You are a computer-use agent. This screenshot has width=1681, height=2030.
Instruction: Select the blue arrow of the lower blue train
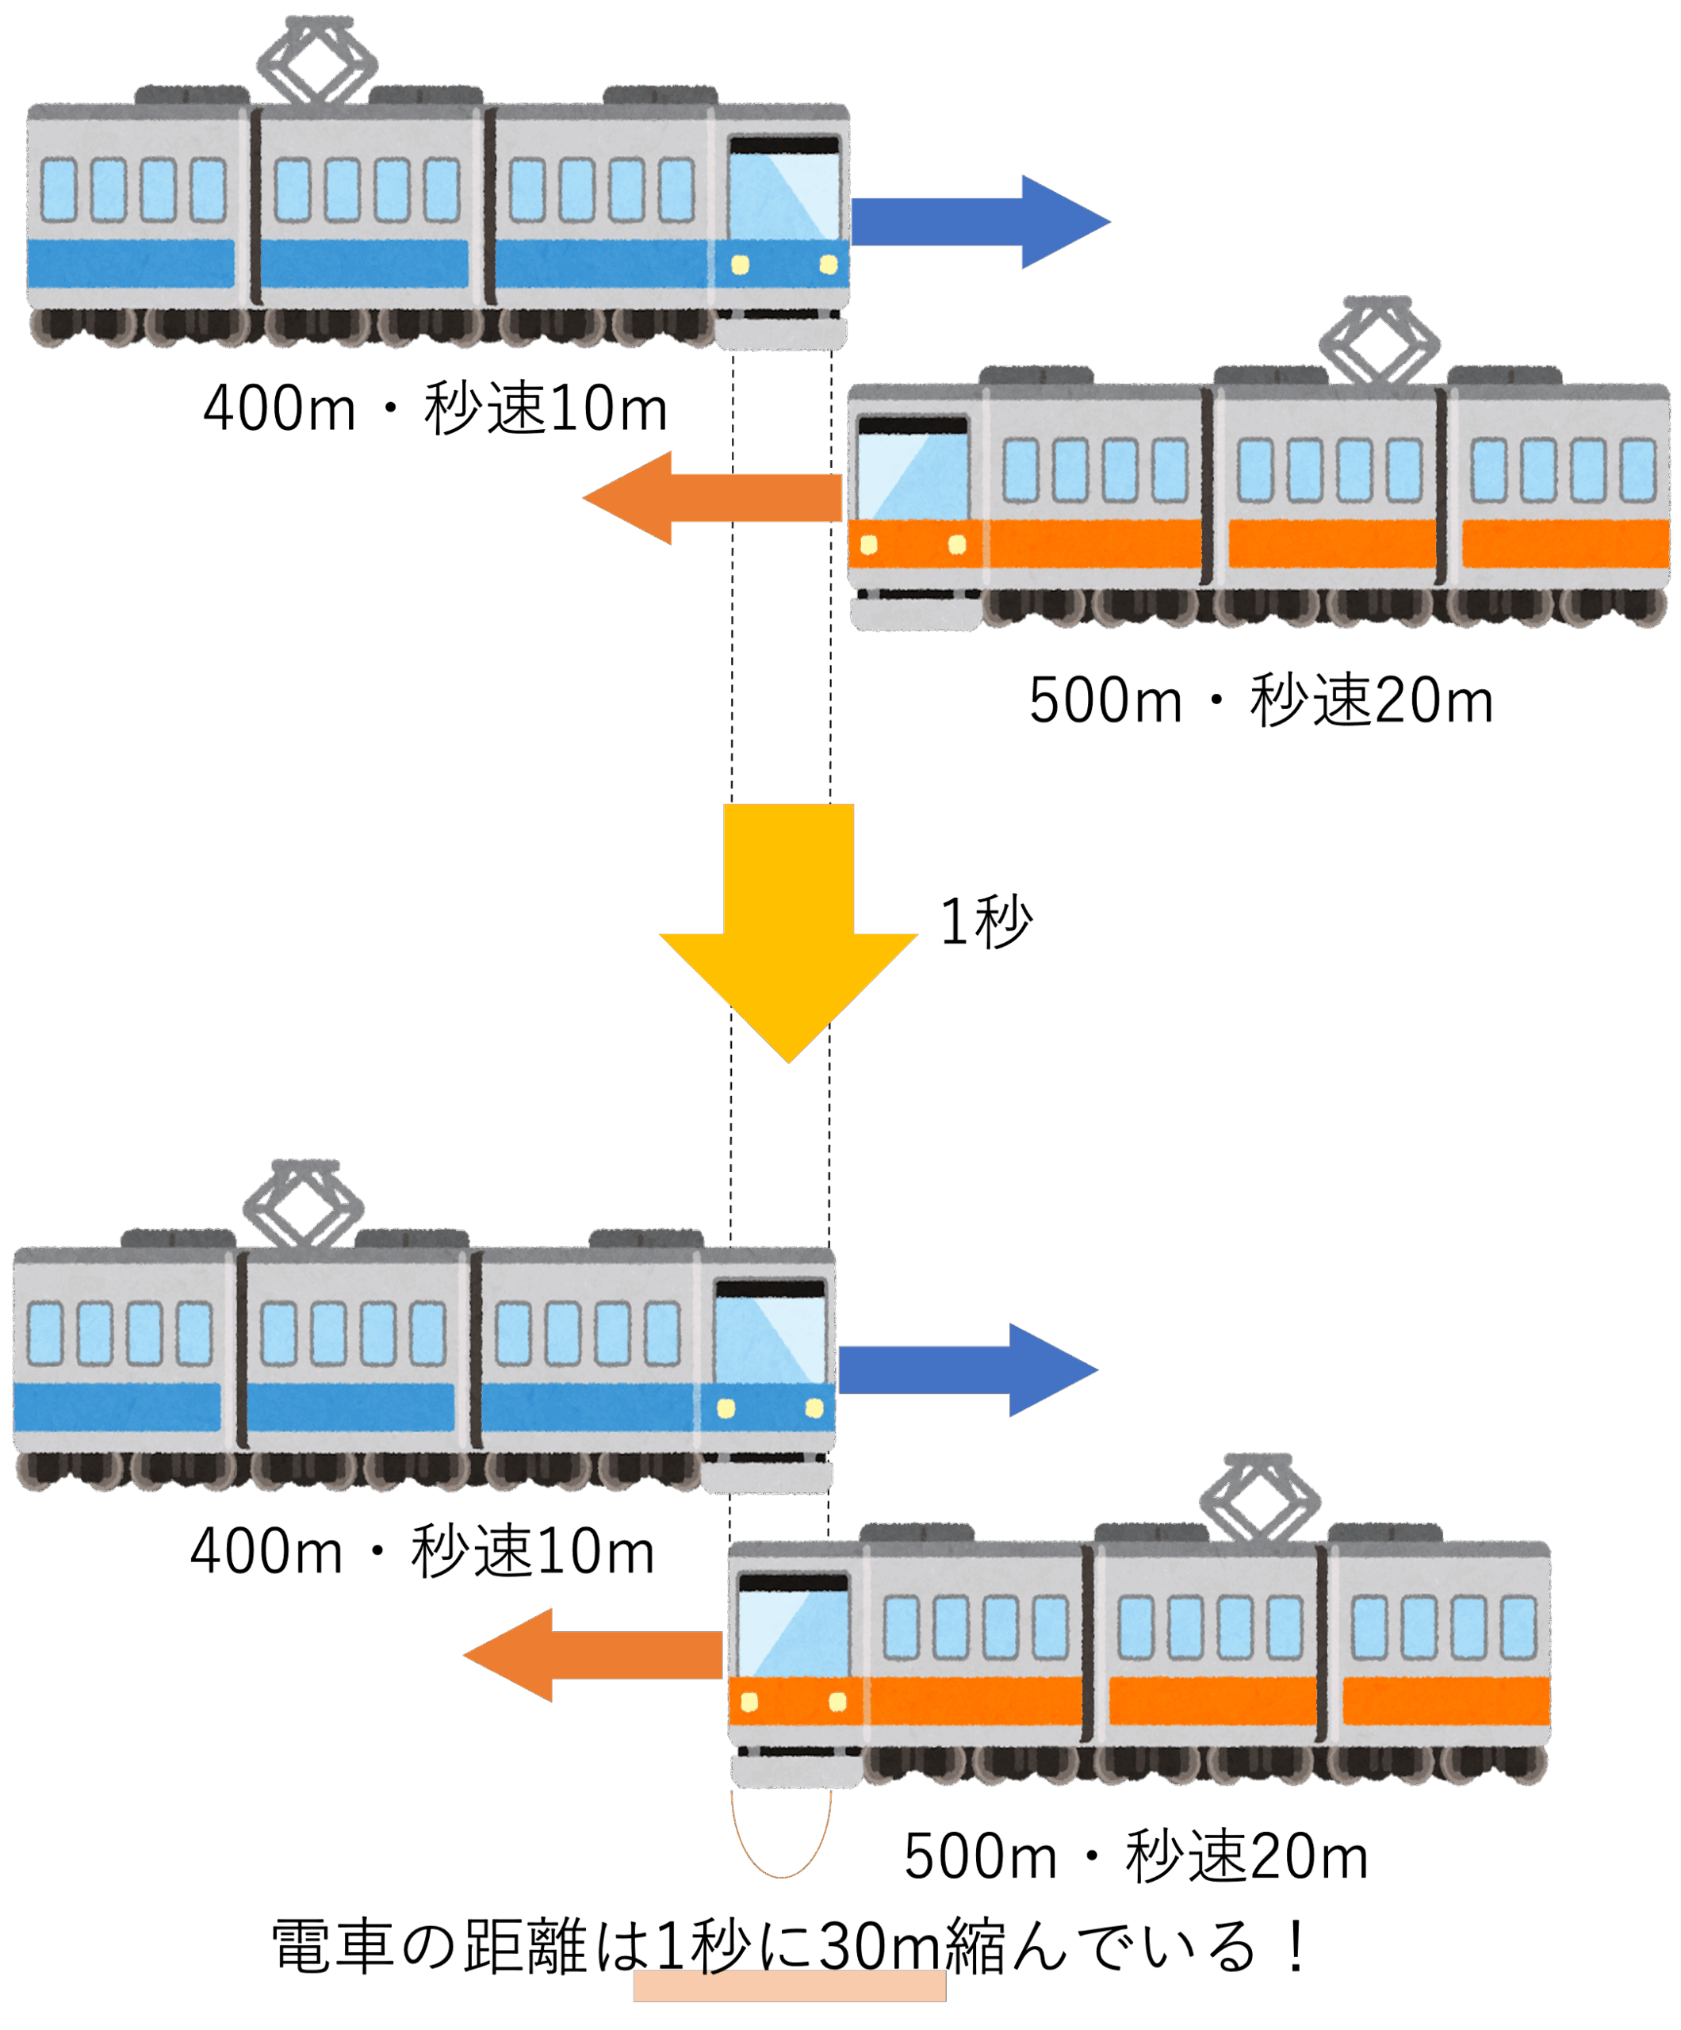[966, 1369]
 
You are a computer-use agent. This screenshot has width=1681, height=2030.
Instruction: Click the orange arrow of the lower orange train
[594, 1655]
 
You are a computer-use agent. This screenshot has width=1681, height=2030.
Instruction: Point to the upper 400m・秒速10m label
[435, 408]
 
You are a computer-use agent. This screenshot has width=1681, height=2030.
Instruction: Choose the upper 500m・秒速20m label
[1261, 701]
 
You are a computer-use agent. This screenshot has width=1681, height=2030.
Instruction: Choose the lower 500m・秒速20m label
[1135, 1856]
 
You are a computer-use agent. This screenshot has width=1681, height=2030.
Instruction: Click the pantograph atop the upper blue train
[317, 60]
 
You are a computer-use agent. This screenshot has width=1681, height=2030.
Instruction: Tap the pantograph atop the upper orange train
[1380, 340]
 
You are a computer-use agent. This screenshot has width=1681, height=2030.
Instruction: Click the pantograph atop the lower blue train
[304, 1204]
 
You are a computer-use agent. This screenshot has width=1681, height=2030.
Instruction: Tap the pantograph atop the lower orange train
[1259, 1496]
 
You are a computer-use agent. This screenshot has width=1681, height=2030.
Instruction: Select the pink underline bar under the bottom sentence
[789, 1986]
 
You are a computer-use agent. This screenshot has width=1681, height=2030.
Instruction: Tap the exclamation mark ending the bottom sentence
[1296, 1946]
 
